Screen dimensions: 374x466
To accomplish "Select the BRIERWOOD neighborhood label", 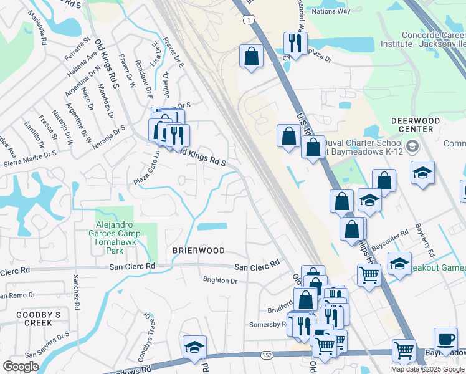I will pos(198,251).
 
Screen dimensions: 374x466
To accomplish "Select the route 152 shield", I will pos(267,355).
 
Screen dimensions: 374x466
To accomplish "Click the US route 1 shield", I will pos(250,21).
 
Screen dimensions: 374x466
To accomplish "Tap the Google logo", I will pos(21,367).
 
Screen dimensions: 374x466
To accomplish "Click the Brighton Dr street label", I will pos(221,280).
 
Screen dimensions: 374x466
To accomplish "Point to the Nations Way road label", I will pos(331,11).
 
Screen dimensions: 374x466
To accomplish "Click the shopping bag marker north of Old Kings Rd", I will pos(251,56).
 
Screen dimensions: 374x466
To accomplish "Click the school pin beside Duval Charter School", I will pos(411,147).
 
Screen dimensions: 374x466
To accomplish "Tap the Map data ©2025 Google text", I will pos(427,369).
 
